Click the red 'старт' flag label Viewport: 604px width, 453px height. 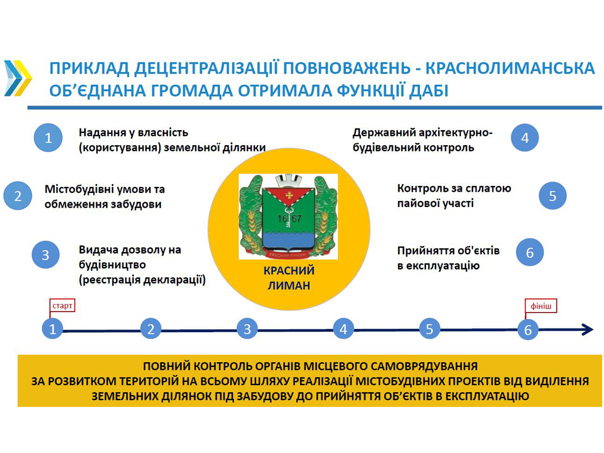[x=62, y=306]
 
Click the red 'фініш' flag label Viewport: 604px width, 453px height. [x=541, y=306]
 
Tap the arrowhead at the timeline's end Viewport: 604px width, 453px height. [x=587, y=330]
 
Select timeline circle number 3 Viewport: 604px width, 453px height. [x=247, y=329]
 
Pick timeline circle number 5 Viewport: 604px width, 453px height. [x=429, y=329]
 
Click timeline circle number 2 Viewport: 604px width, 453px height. [x=150, y=329]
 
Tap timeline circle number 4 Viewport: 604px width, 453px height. [x=343, y=329]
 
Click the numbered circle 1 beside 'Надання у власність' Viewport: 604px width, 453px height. [x=48, y=137]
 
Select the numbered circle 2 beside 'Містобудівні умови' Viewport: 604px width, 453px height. [x=18, y=196]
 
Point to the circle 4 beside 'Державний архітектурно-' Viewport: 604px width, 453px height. [x=525, y=137]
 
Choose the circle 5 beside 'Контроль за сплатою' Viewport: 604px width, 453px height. [x=553, y=196]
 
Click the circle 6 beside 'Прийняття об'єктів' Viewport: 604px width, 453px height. [x=530, y=252]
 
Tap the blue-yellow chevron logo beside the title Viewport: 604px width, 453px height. [x=18, y=78]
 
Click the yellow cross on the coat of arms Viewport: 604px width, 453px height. [x=288, y=195]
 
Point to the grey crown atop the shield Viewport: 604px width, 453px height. [x=288, y=181]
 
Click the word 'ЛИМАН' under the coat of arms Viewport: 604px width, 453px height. [x=289, y=285]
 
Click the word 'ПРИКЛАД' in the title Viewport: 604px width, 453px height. [x=90, y=68]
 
